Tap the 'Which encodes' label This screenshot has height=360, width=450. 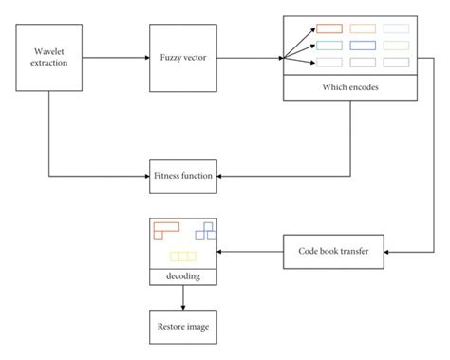pos(350,88)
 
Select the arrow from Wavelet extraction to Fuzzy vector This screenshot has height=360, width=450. pos(114,60)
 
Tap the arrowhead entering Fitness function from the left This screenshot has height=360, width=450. pos(144,176)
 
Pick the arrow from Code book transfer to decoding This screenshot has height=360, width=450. pos(252,252)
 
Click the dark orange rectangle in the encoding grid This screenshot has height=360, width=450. pos(328,28)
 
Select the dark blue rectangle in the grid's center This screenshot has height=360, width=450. pos(365,45)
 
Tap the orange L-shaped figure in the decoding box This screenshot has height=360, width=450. pos(164,228)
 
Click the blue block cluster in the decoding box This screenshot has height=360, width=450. pos(205,231)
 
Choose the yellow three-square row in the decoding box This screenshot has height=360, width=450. pos(182,256)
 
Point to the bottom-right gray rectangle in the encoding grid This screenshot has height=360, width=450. pos(397,62)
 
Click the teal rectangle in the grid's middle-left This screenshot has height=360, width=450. pos(328,45)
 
